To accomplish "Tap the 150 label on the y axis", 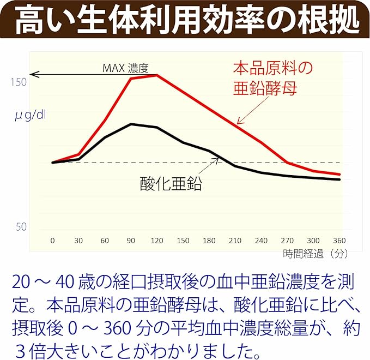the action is (19, 82).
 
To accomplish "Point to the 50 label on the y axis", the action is (21, 227).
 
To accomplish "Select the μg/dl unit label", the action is (31, 116).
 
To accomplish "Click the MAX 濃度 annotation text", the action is (125, 68).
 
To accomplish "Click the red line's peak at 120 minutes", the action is (157, 75).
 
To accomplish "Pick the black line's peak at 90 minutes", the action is (131, 124).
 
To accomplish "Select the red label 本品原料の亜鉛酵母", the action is (273, 78).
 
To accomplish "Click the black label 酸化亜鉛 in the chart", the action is (171, 183).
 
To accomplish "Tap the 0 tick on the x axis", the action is (52, 241).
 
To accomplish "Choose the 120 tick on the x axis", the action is (157, 241).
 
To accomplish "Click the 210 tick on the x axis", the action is (235, 241).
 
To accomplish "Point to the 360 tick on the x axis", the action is (339, 241).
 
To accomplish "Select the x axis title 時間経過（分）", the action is (316, 254).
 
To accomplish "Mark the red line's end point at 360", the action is (339, 174).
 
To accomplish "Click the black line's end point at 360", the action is (339, 179).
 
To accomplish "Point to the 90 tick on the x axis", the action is (131, 241).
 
